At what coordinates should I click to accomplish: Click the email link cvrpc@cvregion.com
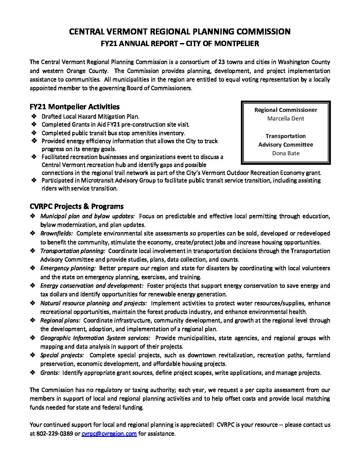(x=109, y=434)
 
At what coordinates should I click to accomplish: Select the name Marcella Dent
(x=286, y=118)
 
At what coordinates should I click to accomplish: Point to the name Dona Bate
(x=286, y=153)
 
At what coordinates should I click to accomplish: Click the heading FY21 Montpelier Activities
(x=74, y=107)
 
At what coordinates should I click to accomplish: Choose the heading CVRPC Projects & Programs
(x=76, y=207)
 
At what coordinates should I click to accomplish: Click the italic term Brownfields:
(x=57, y=234)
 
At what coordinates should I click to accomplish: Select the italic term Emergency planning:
(x=68, y=268)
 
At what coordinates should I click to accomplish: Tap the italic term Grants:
(x=50, y=373)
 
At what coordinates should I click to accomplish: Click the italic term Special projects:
(x=62, y=355)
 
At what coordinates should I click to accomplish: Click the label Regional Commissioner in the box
(x=286, y=110)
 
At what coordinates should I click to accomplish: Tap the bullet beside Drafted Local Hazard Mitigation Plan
(x=34, y=117)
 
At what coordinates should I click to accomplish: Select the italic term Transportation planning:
(x=73, y=251)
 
